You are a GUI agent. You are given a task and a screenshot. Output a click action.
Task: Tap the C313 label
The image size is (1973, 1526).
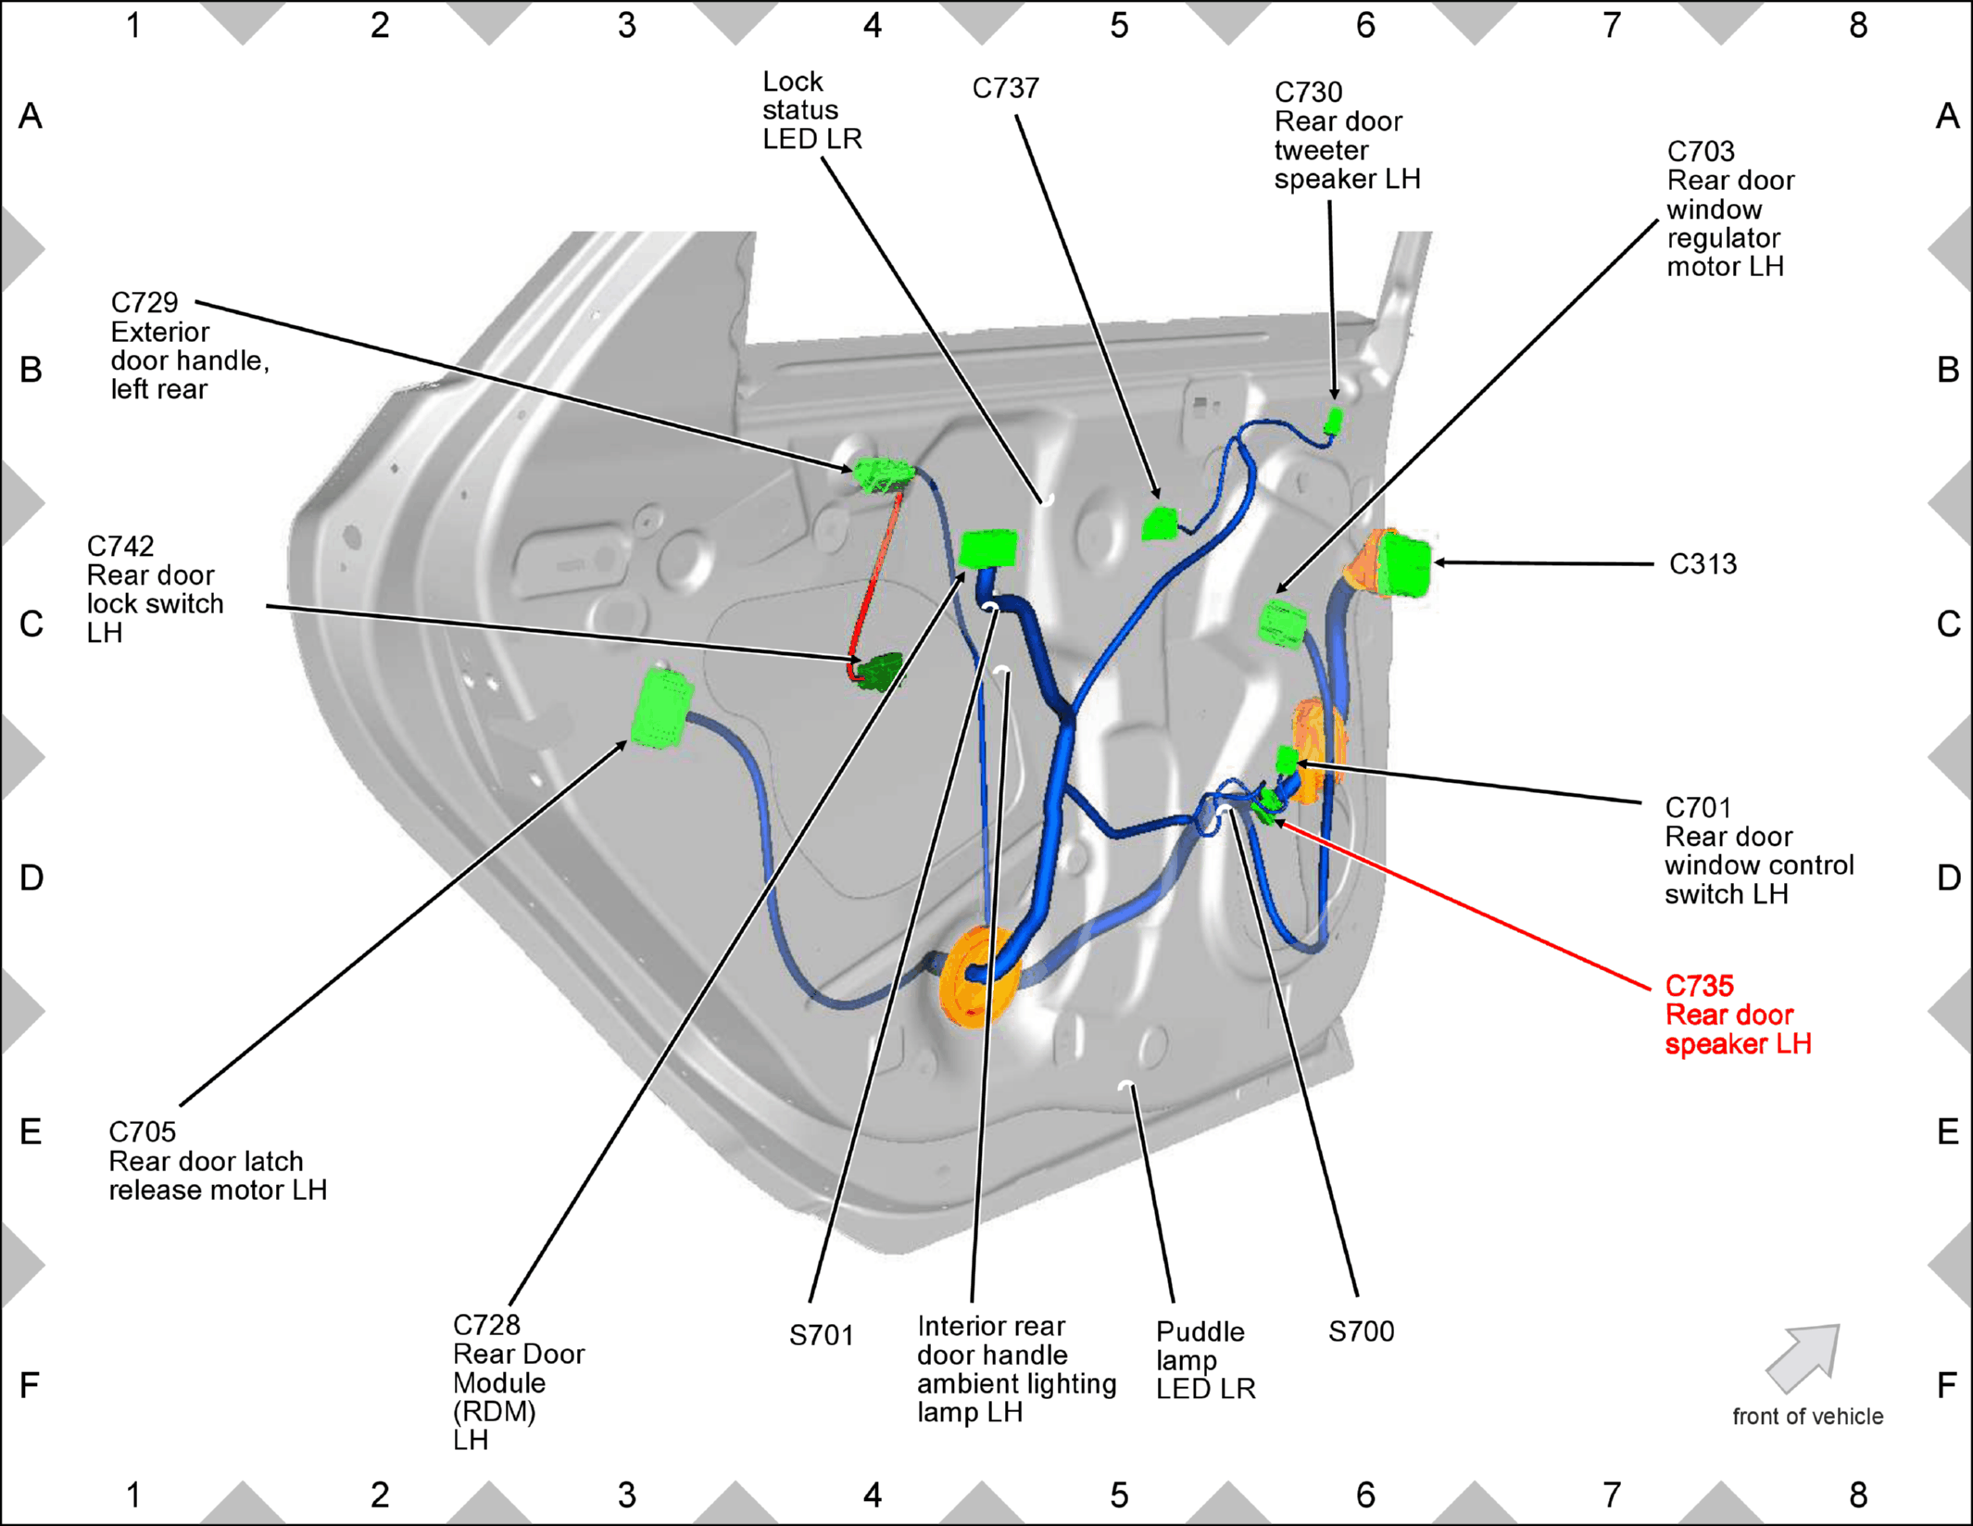pos(1703,563)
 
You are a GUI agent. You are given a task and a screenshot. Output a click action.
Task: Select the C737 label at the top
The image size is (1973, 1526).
pos(1005,88)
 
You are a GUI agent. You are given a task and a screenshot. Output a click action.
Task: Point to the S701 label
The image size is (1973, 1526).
pos(821,1335)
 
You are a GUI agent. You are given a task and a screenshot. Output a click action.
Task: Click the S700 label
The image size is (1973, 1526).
pos(1361,1331)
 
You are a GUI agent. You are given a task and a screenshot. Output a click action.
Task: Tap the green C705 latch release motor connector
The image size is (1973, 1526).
pos(661,708)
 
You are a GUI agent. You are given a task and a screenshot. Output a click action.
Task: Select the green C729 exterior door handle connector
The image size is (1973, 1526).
pos(882,474)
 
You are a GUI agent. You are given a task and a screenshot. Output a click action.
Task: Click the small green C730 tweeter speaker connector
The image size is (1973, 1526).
pos(1333,422)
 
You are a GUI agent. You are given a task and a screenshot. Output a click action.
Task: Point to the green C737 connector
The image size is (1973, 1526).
pos(1160,523)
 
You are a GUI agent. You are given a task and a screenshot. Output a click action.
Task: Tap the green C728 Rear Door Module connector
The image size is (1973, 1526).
pos(987,549)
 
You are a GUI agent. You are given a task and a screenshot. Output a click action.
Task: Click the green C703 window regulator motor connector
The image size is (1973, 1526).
pos(1282,623)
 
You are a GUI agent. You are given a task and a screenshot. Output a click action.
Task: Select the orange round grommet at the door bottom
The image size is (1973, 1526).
pos(976,977)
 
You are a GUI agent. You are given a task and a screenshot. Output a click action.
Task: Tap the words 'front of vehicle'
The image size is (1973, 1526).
pos(1807,1417)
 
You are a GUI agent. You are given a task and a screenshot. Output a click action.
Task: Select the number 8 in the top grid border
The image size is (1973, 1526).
pos(1858,25)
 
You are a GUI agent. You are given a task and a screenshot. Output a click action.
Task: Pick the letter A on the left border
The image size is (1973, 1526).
pos(31,116)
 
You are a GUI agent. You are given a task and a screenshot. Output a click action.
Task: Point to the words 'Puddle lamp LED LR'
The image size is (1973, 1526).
pos(1205,1360)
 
